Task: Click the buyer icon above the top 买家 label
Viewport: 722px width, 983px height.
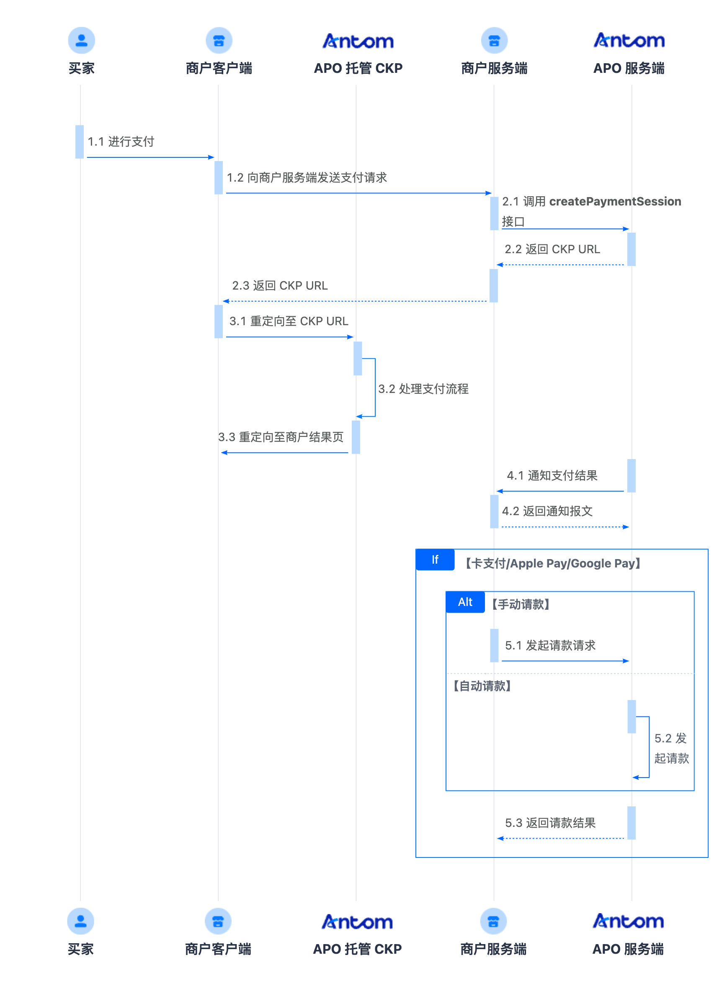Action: coord(81,40)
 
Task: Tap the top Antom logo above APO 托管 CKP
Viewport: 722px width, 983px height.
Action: coord(358,41)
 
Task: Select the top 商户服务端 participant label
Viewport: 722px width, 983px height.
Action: coord(494,69)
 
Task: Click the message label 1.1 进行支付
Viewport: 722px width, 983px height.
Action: coord(121,141)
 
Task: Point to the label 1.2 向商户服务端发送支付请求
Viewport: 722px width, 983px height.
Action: coord(307,178)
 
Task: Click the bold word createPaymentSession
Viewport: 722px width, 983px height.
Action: coord(615,201)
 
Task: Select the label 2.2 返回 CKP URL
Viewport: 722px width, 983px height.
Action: coord(552,249)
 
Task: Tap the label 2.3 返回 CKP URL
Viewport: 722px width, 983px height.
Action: coord(280,285)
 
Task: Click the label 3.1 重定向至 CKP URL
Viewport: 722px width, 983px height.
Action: coord(289,321)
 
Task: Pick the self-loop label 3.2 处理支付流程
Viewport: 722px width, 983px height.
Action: coord(423,389)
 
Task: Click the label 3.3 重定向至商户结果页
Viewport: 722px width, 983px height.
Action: coord(281,437)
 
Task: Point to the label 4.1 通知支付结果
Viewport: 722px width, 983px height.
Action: coord(552,475)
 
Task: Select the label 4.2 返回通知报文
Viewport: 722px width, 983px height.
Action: coord(547,511)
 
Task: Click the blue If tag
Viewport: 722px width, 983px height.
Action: coord(435,560)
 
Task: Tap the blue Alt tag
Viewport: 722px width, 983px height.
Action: coord(465,602)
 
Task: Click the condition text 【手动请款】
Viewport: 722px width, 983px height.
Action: coord(520,604)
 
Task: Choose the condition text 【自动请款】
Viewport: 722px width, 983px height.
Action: coord(482,686)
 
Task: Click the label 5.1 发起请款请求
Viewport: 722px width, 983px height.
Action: coord(550,645)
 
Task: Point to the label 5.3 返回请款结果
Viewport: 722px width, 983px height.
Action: coord(550,823)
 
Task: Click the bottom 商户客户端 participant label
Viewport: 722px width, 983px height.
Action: coord(218,949)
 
